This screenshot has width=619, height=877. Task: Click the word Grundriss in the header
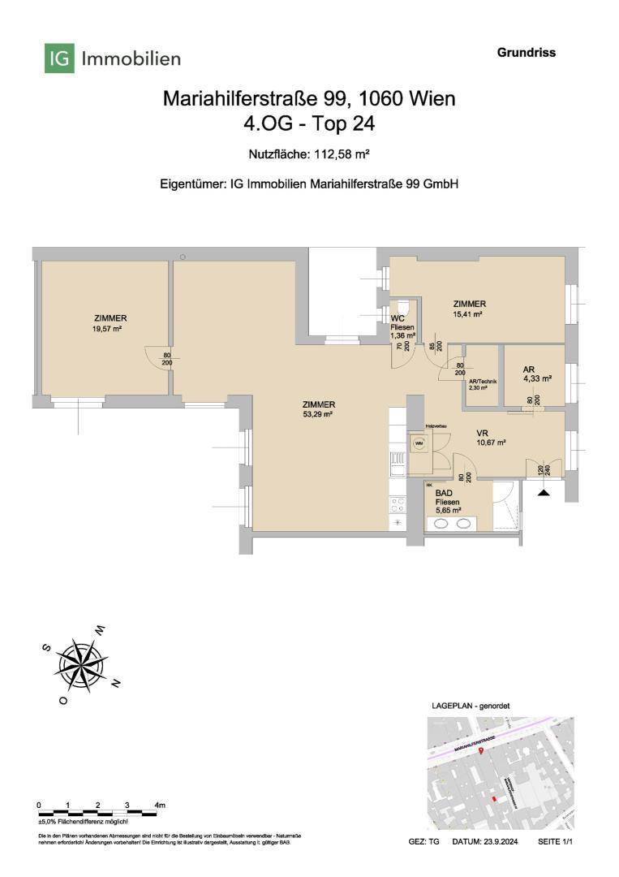[x=526, y=53]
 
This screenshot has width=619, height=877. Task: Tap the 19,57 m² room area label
[x=110, y=330]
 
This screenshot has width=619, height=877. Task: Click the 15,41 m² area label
[x=469, y=314]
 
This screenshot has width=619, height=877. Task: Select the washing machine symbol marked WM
[x=419, y=443]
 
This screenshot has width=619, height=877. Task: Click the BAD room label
[x=444, y=493]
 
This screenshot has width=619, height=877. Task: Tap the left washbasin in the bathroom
[x=442, y=525]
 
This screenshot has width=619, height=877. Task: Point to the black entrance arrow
[x=544, y=491]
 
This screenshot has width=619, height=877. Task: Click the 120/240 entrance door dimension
[x=540, y=469]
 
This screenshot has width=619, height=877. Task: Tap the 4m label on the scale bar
[x=161, y=805]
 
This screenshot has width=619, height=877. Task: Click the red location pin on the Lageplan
[x=481, y=753]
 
